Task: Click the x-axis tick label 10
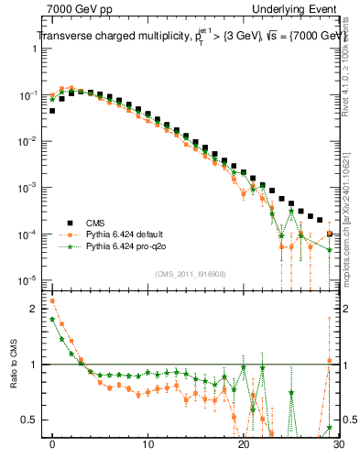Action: click(147, 446)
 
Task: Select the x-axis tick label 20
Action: click(243, 446)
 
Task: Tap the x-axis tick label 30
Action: click(337, 446)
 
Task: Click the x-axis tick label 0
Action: click(52, 446)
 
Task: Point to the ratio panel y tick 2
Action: click(36, 309)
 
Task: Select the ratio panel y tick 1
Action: click(36, 365)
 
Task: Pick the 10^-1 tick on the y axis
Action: click(29, 94)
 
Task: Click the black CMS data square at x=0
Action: click(52, 111)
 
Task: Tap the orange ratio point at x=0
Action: click(52, 300)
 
